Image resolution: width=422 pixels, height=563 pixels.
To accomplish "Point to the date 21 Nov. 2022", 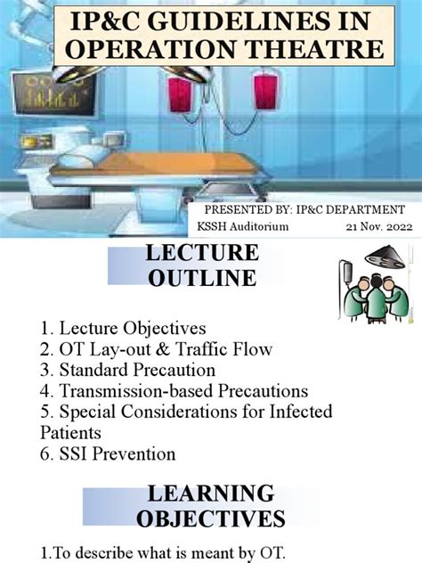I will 379,226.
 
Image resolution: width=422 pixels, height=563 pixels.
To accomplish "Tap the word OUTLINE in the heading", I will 202,278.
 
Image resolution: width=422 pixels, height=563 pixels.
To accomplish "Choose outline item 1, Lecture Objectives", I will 123,329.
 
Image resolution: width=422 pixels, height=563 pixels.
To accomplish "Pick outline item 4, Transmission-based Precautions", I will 174,391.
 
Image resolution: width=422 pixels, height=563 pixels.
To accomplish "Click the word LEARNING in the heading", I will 210,493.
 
